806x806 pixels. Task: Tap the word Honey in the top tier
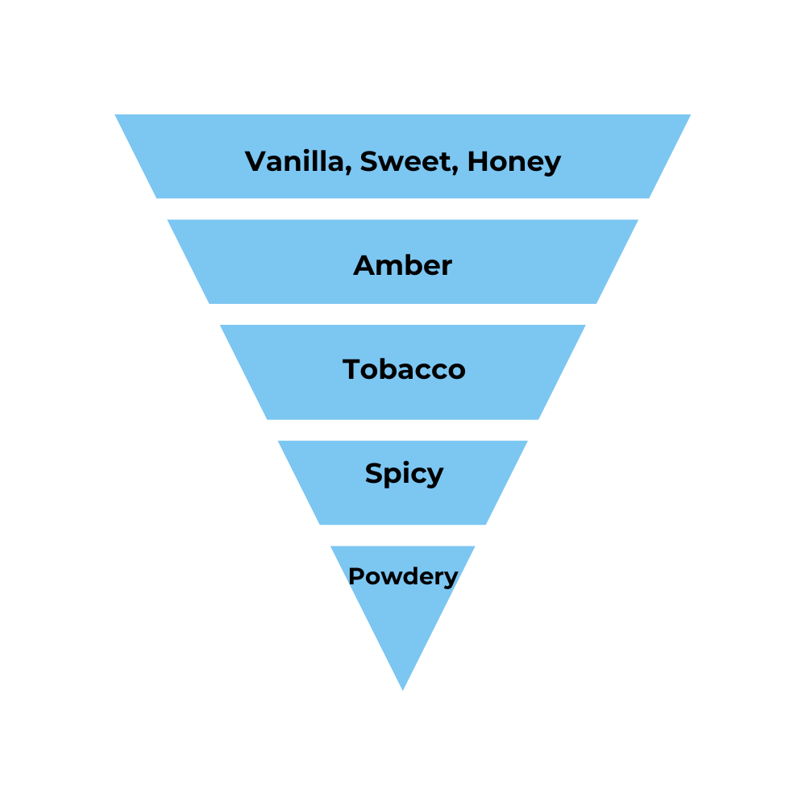[x=513, y=162]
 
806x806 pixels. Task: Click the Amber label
[x=403, y=265]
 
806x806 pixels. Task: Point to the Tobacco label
[x=404, y=369]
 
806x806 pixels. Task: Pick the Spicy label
[x=404, y=473]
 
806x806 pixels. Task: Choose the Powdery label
[x=403, y=576]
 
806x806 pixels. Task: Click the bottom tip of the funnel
[x=403, y=690]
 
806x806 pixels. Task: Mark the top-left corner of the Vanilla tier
[x=115, y=114]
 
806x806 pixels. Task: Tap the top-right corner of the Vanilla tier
[x=691, y=114]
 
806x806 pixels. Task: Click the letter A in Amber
[x=364, y=265]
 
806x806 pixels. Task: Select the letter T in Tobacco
[x=351, y=369]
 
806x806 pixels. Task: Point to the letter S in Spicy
[x=374, y=472]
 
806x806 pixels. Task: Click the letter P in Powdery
[x=354, y=576]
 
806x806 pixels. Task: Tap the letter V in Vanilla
[x=256, y=161]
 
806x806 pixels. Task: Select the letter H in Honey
[x=477, y=161]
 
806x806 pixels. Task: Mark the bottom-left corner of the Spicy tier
[x=320, y=525]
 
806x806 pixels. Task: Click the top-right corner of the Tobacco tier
[x=585, y=326]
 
